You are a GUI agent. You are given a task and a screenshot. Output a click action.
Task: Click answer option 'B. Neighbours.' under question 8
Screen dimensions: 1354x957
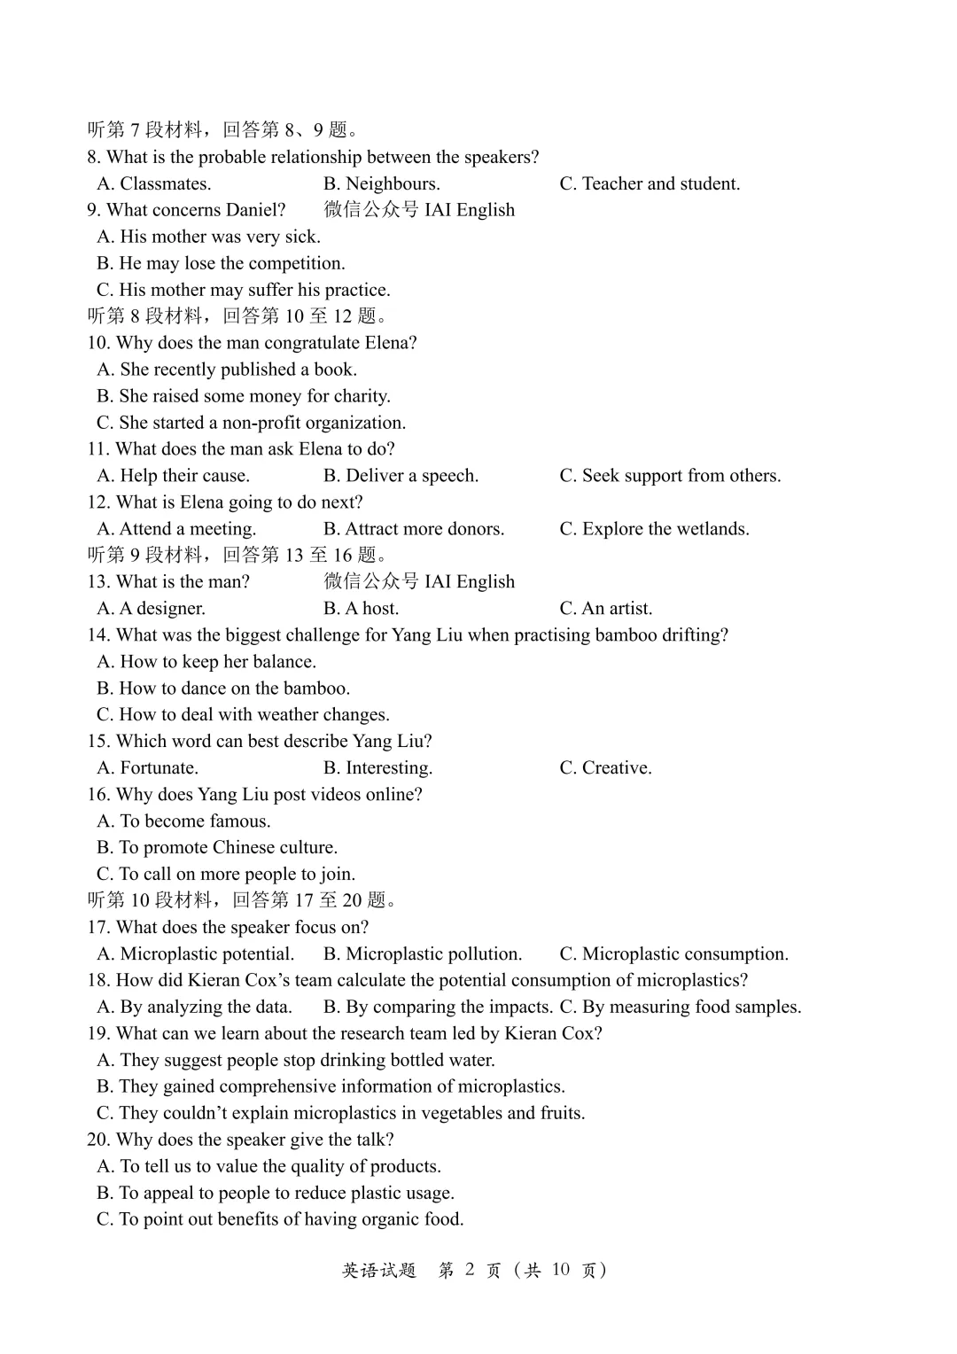(x=381, y=183)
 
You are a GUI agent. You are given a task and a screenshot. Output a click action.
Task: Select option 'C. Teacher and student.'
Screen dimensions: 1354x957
(x=649, y=183)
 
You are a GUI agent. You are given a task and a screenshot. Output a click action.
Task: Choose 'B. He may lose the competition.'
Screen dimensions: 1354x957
(x=221, y=263)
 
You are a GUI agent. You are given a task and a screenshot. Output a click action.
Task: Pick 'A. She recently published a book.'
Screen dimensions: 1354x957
(x=227, y=370)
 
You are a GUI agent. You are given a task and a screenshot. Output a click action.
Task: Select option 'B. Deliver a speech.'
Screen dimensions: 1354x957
(x=401, y=476)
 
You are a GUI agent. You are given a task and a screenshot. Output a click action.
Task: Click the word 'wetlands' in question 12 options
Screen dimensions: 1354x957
(x=712, y=529)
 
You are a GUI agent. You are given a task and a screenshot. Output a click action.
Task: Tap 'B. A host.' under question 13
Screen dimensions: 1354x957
(x=361, y=609)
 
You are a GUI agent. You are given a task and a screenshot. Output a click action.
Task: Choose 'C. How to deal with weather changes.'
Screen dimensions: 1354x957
(x=243, y=715)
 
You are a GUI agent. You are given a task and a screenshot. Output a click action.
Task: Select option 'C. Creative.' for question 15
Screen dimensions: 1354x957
(x=605, y=768)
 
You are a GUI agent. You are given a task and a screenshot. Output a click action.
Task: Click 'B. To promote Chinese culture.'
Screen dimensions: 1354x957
(x=217, y=848)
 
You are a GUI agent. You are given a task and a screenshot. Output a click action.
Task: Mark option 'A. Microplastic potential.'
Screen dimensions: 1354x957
(x=195, y=954)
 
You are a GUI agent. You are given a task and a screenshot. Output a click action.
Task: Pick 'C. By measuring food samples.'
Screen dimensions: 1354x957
(x=680, y=1008)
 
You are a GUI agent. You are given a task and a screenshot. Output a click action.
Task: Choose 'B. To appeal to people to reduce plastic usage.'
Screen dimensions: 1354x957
(x=275, y=1194)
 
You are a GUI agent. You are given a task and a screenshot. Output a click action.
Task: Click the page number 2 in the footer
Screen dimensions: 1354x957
(x=469, y=1270)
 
